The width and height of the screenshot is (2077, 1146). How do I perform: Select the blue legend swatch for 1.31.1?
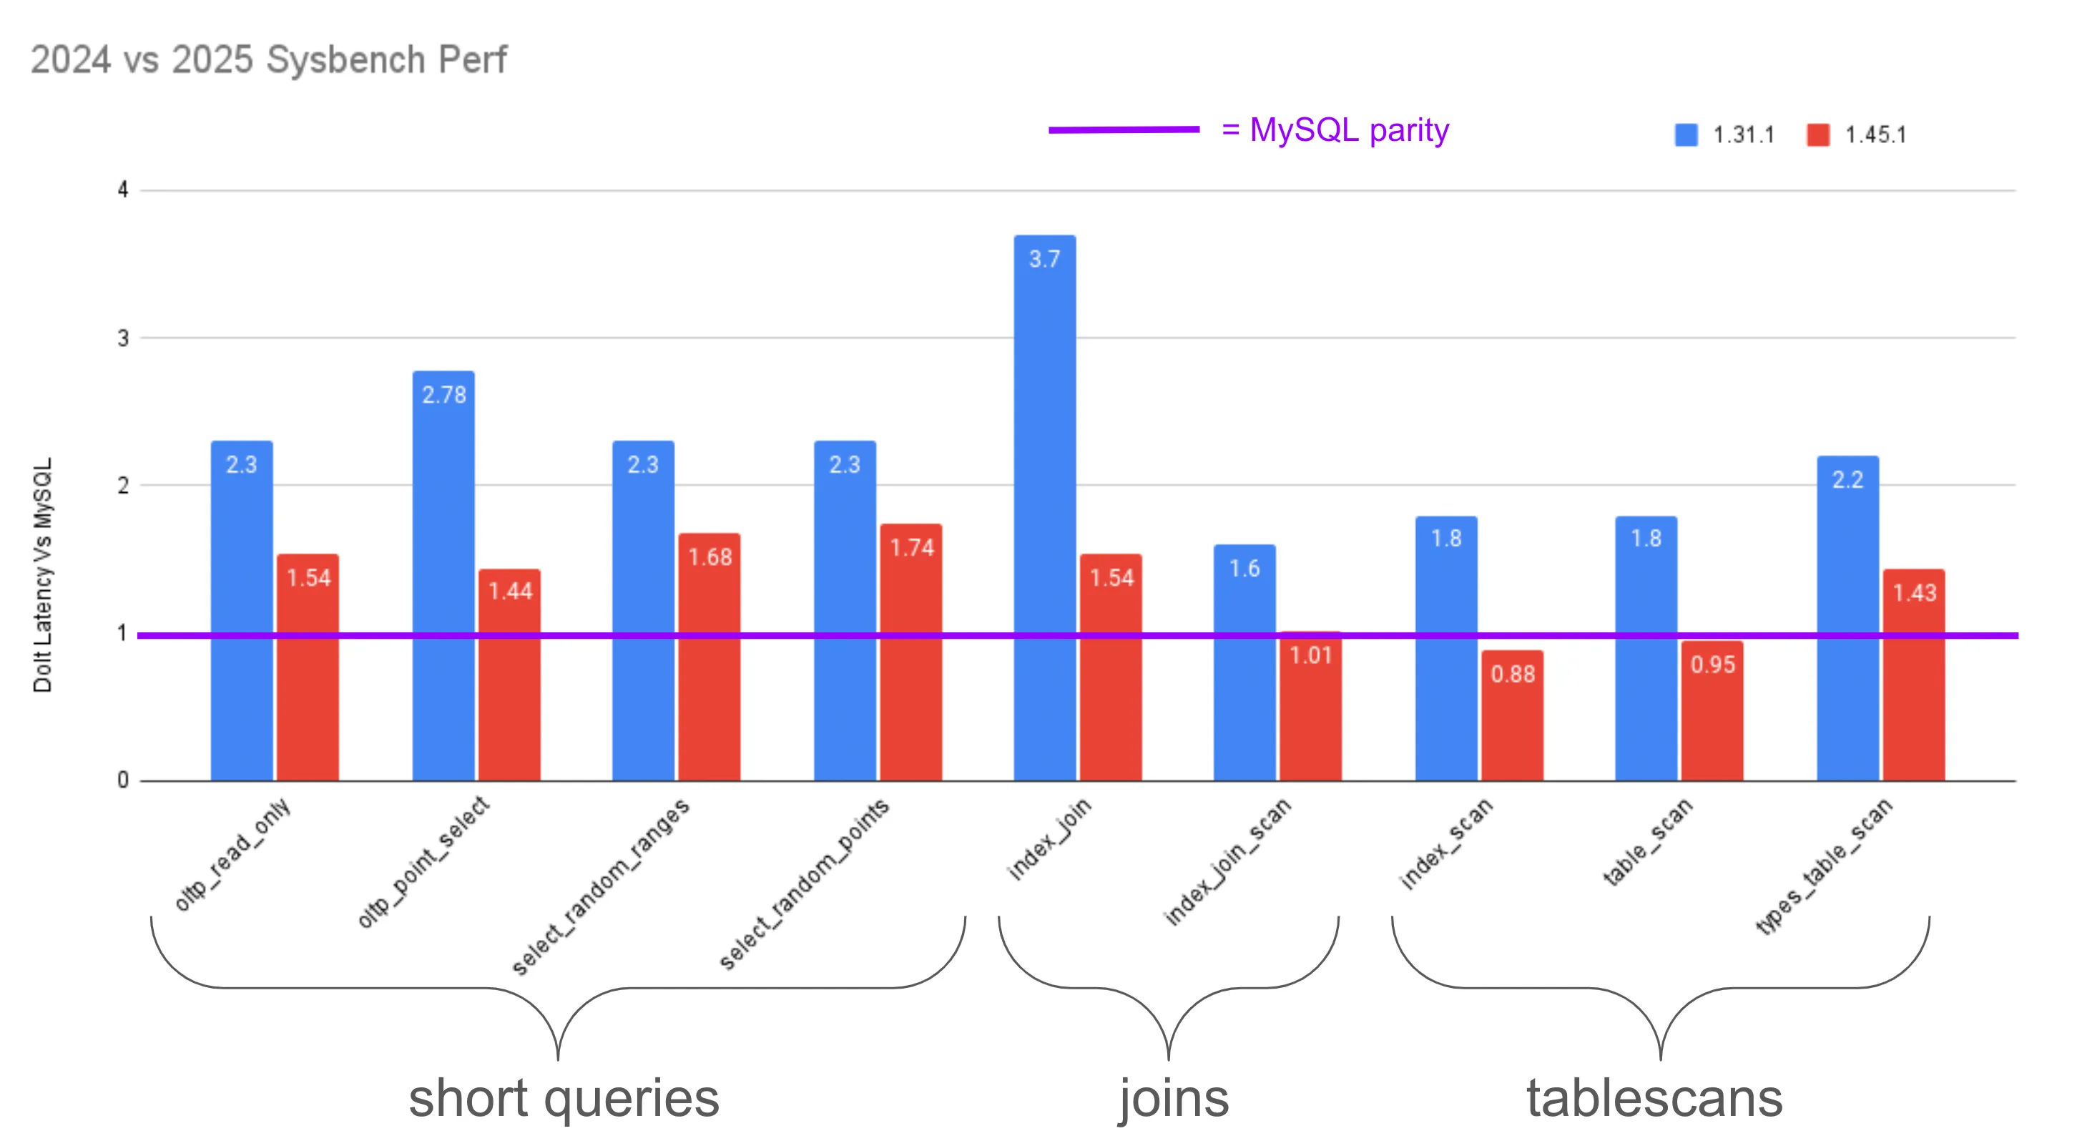pyautogui.click(x=1685, y=134)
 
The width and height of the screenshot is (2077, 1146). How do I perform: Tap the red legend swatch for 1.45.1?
pyautogui.click(x=1817, y=134)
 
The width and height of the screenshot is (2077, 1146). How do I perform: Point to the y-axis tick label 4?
pyautogui.click(x=122, y=190)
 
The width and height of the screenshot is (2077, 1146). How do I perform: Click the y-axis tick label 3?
pyautogui.click(x=122, y=338)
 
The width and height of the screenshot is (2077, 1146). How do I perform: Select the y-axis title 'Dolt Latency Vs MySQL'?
pyautogui.click(x=42, y=574)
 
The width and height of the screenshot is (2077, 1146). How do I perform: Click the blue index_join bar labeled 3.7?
pyautogui.click(x=1044, y=508)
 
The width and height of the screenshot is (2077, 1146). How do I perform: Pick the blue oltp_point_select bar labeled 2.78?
pyautogui.click(x=443, y=576)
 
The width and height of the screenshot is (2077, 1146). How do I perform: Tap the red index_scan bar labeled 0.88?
pyautogui.click(x=1512, y=715)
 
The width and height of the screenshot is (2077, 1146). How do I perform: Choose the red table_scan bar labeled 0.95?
pyautogui.click(x=1712, y=710)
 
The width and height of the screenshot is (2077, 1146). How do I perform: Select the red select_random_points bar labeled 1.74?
pyautogui.click(x=911, y=652)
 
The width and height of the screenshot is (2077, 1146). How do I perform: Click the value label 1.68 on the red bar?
pyautogui.click(x=709, y=557)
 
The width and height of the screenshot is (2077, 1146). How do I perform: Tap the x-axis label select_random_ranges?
pyautogui.click(x=600, y=886)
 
